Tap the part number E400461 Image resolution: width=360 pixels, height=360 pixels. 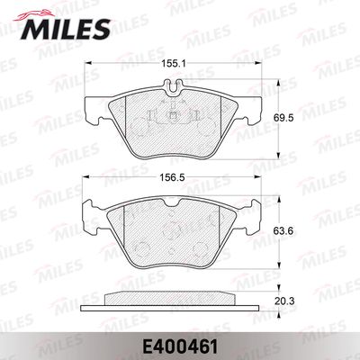[180, 347]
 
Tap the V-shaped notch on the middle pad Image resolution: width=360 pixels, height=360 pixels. [173, 202]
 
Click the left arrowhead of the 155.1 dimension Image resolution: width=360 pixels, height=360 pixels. [87, 63]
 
